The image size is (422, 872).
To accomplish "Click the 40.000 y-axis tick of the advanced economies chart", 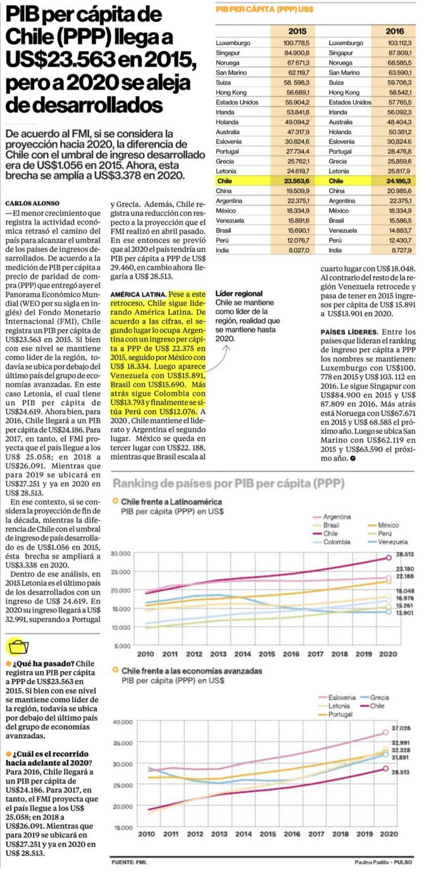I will click(x=121, y=722).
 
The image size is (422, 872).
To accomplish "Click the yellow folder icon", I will click(x=17, y=647).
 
